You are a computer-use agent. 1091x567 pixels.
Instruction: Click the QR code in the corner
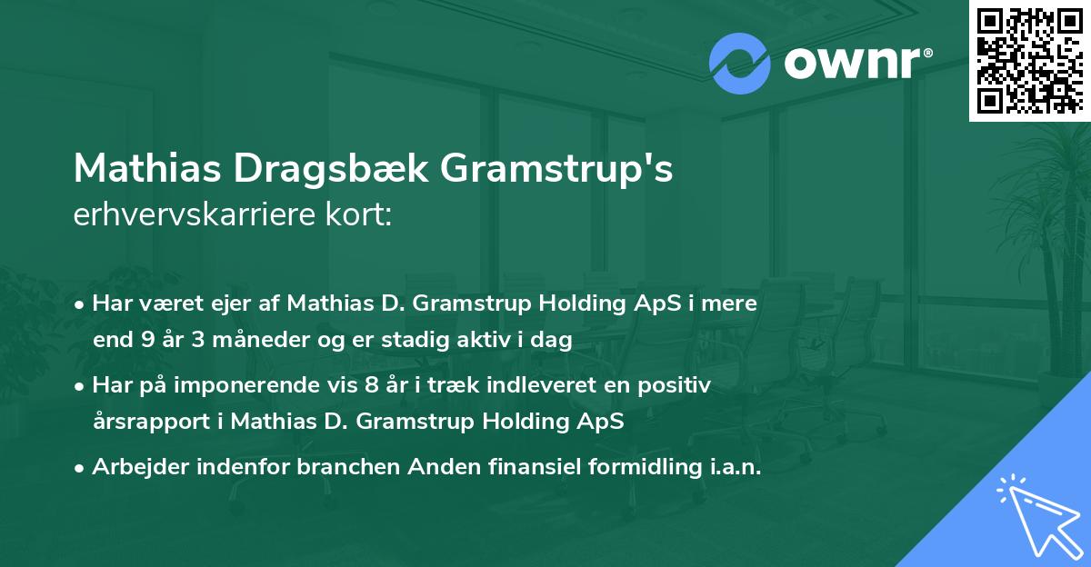[x=1029, y=61]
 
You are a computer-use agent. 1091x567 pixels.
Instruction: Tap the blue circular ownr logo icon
[x=740, y=64]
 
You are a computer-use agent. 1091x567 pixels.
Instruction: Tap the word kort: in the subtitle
[x=361, y=215]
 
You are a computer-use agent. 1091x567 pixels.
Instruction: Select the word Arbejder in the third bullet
[x=133, y=466]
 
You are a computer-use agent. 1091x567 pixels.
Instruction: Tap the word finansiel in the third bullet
[x=516, y=466]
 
